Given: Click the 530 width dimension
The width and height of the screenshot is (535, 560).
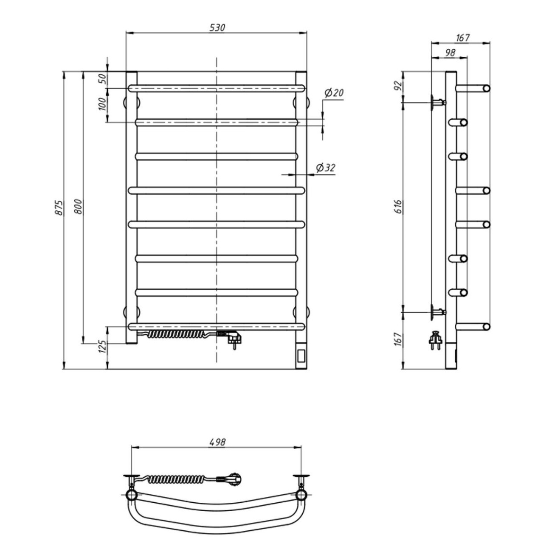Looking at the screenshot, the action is [217, 28].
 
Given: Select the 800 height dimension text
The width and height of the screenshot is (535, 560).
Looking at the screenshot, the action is [78, 207].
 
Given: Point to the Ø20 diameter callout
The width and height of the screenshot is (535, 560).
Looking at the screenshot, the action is [334, 93].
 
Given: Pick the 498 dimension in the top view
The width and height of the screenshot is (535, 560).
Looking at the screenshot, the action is [217, 442].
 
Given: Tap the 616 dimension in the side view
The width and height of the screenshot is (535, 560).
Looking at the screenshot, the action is [398, 207].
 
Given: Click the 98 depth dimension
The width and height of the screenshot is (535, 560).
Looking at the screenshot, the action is [450, 53].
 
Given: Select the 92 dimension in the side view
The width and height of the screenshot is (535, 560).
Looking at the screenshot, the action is [398, 86].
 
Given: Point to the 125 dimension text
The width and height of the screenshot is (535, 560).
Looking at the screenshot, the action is [103, 346].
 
